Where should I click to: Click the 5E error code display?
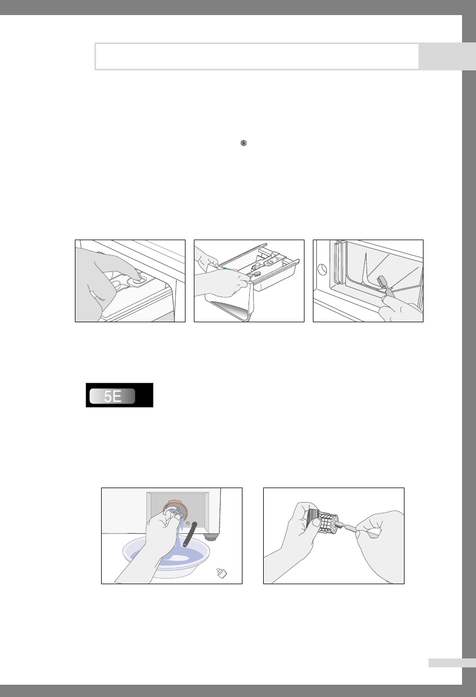pos(119,395)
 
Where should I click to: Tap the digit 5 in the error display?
pos(108,397)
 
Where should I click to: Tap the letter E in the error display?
pos(117,397)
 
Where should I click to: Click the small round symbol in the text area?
pos(244,143)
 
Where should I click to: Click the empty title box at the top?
pos(257,56)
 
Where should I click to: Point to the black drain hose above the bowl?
pos(190,534)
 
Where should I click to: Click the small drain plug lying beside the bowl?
pos(221,573)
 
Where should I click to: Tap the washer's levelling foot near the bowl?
pos(211,537)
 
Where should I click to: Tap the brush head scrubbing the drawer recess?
pos(382,282)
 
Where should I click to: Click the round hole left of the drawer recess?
pos(322,269)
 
